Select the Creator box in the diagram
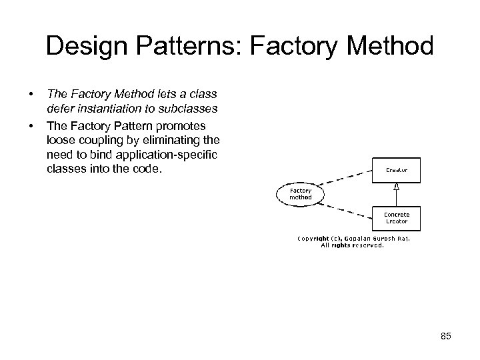(x=396, y=170)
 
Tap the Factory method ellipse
(x=299, y=193)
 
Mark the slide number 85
(x=445, y=336)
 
